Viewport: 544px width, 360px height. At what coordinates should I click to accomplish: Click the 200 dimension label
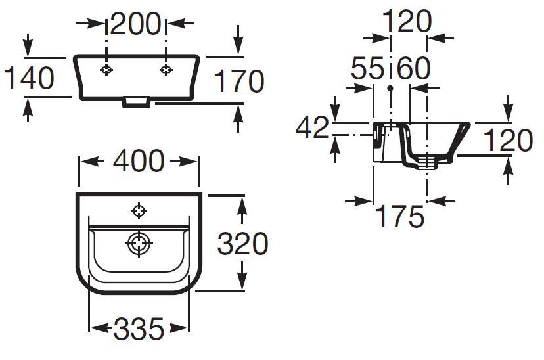click(x=135, y=24)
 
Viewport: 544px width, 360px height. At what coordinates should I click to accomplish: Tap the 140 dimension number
click(x=29, y=78)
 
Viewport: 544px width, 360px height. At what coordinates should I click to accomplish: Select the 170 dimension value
click(x=239, y=81)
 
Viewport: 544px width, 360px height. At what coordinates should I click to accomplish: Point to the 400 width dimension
click(x=139, y=161)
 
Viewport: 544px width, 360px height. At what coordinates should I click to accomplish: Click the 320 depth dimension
click(x=242, y=244)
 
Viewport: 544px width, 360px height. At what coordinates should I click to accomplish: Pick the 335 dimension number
click(x=139, y=328)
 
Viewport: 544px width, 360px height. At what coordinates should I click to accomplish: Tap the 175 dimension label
click(x=399, y=216)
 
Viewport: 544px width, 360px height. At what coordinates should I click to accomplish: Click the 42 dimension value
click(x=312, y=127)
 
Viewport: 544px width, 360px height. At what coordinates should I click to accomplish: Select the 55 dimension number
click(x=367, y=68)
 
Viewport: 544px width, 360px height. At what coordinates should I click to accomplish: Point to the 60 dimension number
click(x=413, y=68)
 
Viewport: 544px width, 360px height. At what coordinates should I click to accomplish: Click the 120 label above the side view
click(x=407, y=21)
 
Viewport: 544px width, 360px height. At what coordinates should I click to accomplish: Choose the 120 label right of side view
click(x=508, y=141)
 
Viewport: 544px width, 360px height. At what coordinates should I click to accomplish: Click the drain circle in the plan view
click(x=139, y=243)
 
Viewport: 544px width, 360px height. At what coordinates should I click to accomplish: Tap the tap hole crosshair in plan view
click(x=139, y=210)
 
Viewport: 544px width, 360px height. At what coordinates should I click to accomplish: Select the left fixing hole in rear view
click(x=106, y=70)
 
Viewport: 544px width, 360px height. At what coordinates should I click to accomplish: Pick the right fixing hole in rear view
click(x=166, y=70)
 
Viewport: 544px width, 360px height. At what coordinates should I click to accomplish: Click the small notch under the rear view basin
click(x=137, y=102)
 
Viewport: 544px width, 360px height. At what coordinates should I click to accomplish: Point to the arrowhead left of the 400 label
click(x=92, y=161)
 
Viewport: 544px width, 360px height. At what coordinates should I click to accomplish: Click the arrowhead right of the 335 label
click(x=179, y=328)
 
